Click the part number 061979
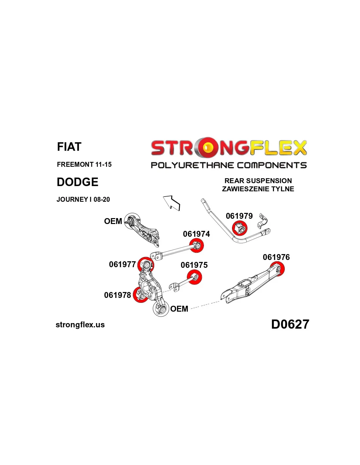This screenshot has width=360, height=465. [x=239, y=216]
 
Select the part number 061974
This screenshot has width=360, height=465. [x=196, y=234]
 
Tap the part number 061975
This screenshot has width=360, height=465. [x=194, y=265]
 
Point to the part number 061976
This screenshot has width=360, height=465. [x=276, y=257]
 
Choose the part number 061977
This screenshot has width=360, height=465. [x=122, y=264]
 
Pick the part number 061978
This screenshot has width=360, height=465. [x=117, y=295]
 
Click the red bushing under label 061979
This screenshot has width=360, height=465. [x=240, y=228]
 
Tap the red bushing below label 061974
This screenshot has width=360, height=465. [x=197, y=246]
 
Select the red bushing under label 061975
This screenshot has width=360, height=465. [x=194, y=277]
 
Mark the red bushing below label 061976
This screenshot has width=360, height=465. [x=278, y=269]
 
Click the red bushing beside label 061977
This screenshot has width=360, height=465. [x=146, y=265]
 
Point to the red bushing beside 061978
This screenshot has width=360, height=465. [x=140, y=295]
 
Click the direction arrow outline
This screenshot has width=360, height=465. [x=171, y=203]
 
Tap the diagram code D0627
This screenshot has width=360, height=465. [x=290, y=324]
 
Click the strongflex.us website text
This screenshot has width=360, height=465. [x=80, y=325]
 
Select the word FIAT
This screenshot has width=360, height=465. [x=69, y=147]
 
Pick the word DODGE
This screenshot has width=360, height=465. [x=77, y=182]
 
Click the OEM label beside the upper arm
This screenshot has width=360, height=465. [x=113, y=221]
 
